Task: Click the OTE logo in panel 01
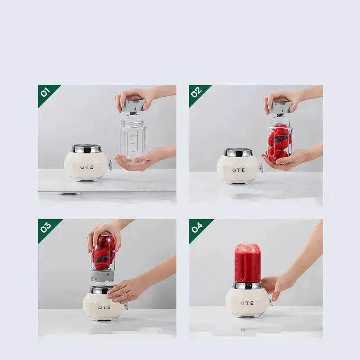click(x=86, y=167)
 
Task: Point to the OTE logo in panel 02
click(x=238, y=170)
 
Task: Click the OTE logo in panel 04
click(x=247, y=303)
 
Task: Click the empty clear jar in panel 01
click(x=132, y=137)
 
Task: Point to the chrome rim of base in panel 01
click(x=86, y=149)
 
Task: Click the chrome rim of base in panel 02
click(x=238, y=153)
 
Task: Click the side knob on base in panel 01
click(x=109, y=166)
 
